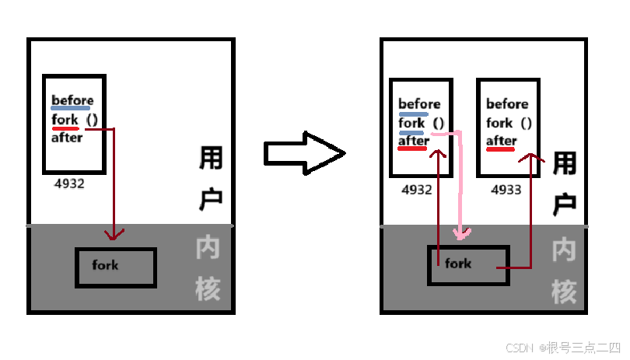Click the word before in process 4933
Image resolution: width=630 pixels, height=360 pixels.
click(x=506, y=104)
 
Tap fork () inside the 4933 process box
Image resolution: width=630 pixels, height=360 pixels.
click(x=509, y=123)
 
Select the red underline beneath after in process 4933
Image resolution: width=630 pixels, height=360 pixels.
click(x=501, y=150)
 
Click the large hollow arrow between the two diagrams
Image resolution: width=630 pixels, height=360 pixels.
click(x=304, y=152)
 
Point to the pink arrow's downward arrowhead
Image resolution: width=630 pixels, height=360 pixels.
click(x=464, y=232)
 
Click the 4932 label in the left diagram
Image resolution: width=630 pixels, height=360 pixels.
click(x=69, y=185)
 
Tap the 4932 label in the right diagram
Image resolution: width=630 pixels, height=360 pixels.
click(x=417, y=189)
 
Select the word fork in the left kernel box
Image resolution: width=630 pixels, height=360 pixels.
click(x=105, y=265)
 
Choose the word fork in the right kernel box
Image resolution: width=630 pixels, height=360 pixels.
click(x=458, y=264)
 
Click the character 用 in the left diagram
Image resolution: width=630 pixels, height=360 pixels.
click(x=211, y=160)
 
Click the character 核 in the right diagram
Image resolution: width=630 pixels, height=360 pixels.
click(x=564, y=291)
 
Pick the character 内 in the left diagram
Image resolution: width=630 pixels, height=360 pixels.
click(x=208, y=249)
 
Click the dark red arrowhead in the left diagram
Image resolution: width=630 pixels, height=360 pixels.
click(x=115, y=234)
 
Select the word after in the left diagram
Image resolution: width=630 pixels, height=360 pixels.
click(x=67, y=138)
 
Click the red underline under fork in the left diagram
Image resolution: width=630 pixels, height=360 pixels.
click(x=65, y=128)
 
